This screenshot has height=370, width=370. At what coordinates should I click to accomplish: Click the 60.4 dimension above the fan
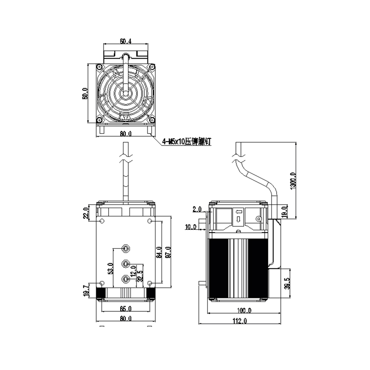pyautogui.click(x=125, y=41)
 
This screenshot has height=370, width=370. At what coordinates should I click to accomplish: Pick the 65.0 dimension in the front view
pyautogui.click(x=125, y=308)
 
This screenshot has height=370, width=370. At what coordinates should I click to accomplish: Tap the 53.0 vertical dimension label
pyautogui.click(x=110, y=268)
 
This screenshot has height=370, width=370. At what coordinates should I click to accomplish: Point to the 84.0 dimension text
pyautogui.click(x=159, y=253)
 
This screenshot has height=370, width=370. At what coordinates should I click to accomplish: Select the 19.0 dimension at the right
pyautogui.click(x=285, y=212)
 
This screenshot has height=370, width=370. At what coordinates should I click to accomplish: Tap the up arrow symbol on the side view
pyautogui.click(x=238, y=212)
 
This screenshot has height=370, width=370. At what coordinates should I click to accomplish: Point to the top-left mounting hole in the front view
pyautogui.click(x=102, y=222)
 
